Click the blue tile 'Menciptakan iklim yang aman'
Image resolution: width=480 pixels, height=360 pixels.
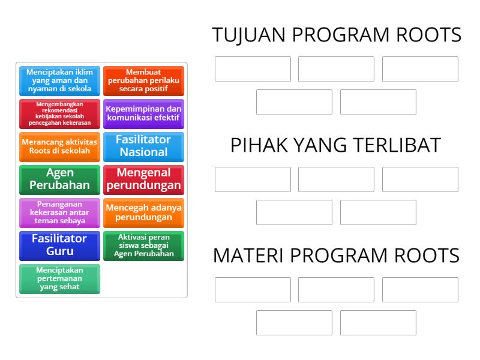(x=59, y=80)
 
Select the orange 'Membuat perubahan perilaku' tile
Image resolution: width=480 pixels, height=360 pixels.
(x=143, y=80)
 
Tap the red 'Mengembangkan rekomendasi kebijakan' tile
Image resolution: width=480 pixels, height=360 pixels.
(x=59, y=114)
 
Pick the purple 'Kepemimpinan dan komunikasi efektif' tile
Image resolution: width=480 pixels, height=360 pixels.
(x=143, y=113)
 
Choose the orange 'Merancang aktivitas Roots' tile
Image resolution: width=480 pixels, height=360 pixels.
(x=59, y=146)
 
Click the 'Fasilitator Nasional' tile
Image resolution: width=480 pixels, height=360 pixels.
(x=143, y=146)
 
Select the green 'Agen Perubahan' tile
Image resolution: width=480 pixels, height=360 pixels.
(x=59, y=179)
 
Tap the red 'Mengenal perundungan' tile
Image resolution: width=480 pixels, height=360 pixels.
(x=143, y=179)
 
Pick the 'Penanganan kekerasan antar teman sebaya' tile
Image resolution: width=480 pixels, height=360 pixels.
(x=59, y=212)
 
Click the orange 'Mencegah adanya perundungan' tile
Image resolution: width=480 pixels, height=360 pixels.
(x=143, y=212)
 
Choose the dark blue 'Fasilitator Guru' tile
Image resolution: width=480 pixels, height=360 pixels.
(x=59, y=245)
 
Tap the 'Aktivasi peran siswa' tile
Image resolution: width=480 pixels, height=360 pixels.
(x=143, y=245)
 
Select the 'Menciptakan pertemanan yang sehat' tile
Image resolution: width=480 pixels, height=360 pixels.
(x=59, y=278)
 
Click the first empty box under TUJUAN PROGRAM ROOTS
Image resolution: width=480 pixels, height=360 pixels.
(x=253, y=69)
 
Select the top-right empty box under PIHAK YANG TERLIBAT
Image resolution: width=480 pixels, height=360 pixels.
(x=420, y=179)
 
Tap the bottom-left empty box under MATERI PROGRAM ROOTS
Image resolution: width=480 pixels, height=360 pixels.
(x=294, y=323)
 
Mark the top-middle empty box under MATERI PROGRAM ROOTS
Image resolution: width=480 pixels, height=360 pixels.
(x=336, y=290)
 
